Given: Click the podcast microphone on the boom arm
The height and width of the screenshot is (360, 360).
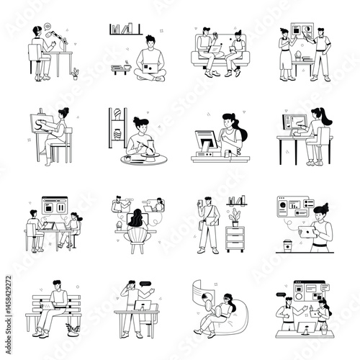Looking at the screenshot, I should [x=50, y=32].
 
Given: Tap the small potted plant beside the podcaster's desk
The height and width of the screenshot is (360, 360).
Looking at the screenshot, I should [x=76, y=73].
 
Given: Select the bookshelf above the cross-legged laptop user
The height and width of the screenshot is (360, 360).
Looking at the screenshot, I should [x=125, y=30].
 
